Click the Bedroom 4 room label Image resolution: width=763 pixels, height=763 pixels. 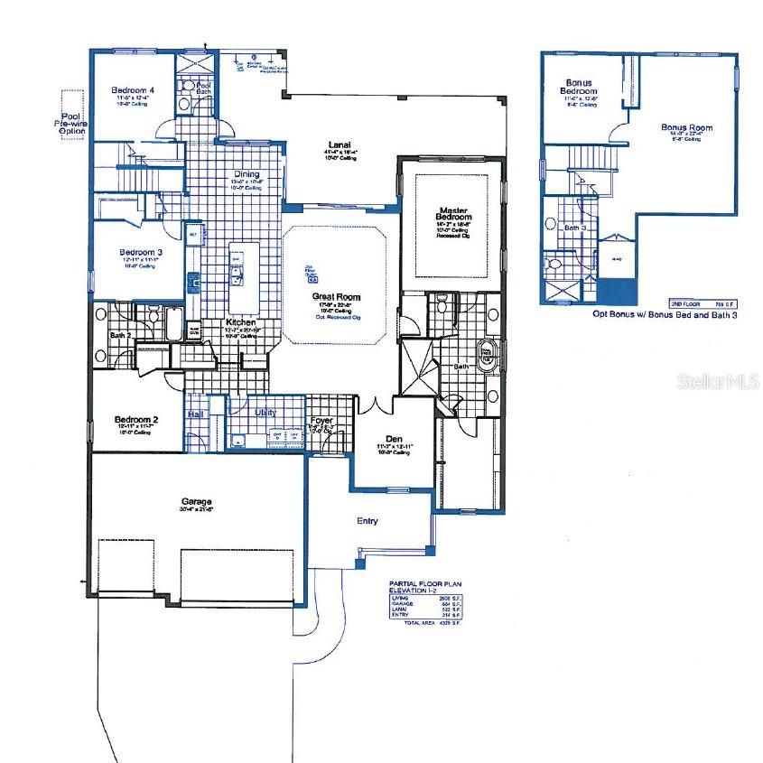click(133, 90)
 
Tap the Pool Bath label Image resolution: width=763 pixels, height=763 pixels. click(204, 88)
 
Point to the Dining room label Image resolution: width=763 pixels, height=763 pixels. click(246, 174)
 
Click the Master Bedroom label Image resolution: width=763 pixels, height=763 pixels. click(453, 214)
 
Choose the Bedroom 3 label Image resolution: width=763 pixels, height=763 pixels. click(138, 252)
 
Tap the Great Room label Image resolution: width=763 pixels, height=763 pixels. click(336, 296)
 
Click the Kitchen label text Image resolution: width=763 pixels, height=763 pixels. click(240, 322)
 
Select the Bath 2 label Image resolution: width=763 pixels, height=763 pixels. click(121, 336)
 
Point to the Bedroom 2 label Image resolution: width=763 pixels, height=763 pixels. click(136, 420)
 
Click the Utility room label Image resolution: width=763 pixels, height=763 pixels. click(265, 413)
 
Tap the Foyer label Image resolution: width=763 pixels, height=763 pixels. click(322, 421)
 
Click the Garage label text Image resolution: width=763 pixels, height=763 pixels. click(196, 501)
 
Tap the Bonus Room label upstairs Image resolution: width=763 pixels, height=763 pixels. click(686, 128)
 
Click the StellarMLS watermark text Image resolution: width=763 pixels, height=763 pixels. click(717, 383)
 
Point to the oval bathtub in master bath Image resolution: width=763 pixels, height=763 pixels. click(488, 357)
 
